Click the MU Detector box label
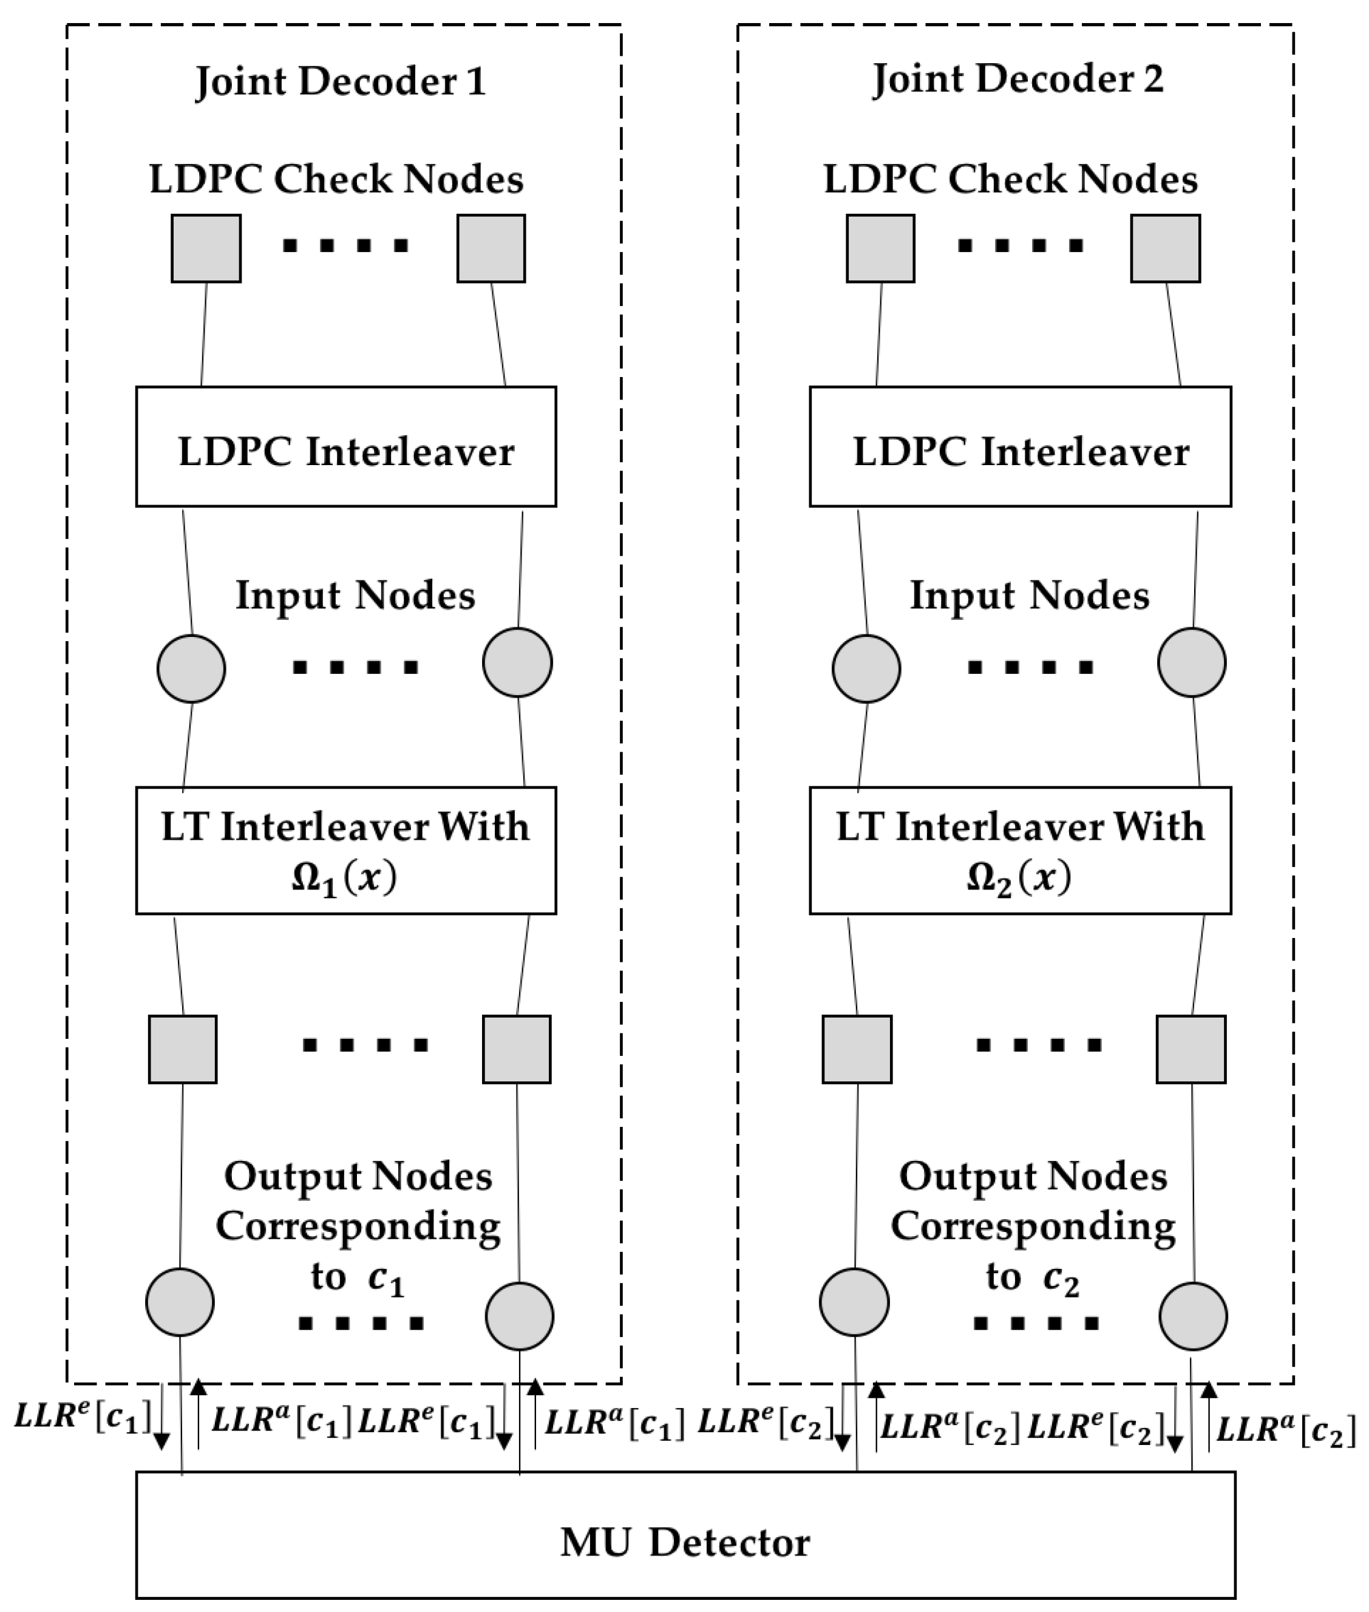[x=685, y=1542]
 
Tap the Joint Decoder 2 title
[x=1017, y=78]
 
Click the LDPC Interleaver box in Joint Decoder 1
[x=346, y=450]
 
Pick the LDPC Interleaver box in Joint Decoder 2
[x=1020, y=450]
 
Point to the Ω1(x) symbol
[x=344, y=879]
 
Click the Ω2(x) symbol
[x=1018, y=879]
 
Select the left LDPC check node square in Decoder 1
[x=206, y=248]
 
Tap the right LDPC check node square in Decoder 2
[x=1164, y=248]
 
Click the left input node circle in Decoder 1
[x=191, y=668]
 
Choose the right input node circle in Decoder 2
[x=1191, y=662]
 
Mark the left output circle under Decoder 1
[x=180, y=1302]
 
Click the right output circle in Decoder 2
[x=1193, y=1316]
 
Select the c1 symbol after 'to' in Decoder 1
[x=386, y=1280]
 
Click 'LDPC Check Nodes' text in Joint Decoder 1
[x=336, y=179]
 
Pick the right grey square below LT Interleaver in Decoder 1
[x=516, y=1049]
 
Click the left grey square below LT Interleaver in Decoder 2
[x=856, y=1049]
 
